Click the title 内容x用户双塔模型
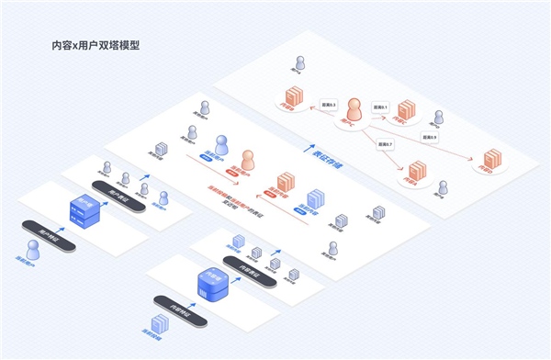[96, 44]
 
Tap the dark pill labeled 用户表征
[121, 197]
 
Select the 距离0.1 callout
[381, 107]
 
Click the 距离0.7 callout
[384, 144]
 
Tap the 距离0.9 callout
[429, 137]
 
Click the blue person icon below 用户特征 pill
[34, 250]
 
